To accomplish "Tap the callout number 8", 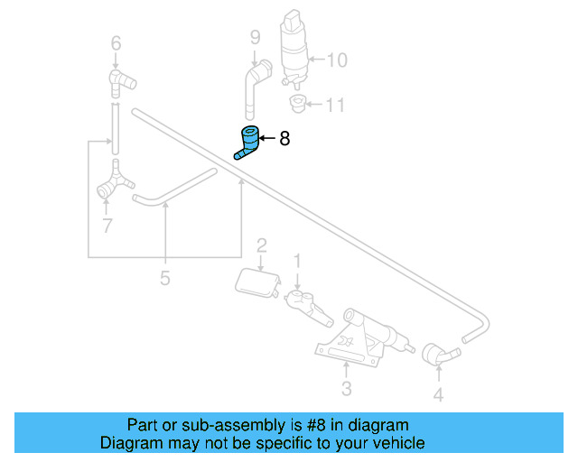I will tap(284, 139).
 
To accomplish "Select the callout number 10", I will tap(336, 60).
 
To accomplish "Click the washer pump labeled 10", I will tap(295, 45).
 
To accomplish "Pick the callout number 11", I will tap(334, 106).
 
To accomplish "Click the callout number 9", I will tap(255, 37).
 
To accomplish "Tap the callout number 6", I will tap(115, 42).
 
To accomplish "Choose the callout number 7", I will tap(107, 226).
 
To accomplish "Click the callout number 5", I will tap(164, 278).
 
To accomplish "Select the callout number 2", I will tap(261, 245).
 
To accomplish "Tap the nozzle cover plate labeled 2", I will tap(255, 282).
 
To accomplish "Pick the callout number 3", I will tap(346, 390).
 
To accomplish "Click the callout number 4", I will tap(438, 394).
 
